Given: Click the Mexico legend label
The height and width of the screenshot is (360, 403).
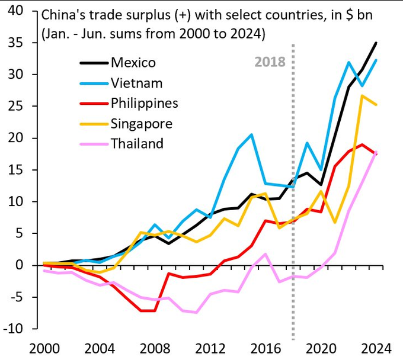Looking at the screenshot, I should pos(133,62).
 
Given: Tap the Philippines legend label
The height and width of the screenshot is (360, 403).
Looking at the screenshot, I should pos(144,103).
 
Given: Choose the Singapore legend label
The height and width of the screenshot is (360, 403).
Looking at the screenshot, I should pos(141,124).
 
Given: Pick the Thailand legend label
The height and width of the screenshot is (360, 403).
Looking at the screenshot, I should pos(137,143).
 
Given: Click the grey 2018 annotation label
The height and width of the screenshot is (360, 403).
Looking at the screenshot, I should pos(270,62).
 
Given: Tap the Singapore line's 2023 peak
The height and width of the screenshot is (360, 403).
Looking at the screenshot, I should pos(363,95).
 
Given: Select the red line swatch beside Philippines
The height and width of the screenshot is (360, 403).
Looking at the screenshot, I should pos(94,103).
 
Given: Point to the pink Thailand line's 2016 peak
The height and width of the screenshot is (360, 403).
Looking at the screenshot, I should pos(266,254).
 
